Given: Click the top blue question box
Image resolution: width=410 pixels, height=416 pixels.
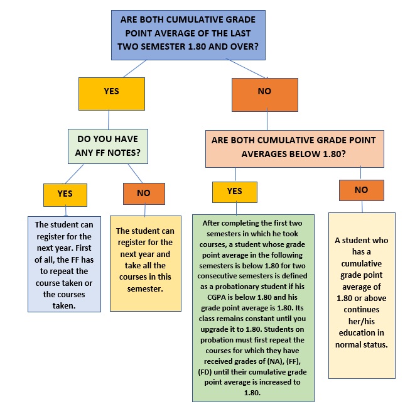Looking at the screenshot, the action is tap(188, 35).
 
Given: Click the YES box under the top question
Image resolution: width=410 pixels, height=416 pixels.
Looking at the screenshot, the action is tap(112, 94).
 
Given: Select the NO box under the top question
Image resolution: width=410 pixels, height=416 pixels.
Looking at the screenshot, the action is tap(265, 95).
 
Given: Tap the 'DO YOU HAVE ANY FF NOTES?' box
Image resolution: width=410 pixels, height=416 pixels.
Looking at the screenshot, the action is tap(108, 146).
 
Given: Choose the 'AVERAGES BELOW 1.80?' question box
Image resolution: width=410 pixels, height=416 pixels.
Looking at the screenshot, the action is tap(294, 148).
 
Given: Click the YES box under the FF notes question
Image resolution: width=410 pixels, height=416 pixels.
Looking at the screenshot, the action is tap(65, 195).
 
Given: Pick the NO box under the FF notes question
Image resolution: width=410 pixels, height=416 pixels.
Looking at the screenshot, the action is tap(144, 194).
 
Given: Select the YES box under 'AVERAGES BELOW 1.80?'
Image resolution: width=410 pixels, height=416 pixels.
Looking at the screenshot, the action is tap(235, 192).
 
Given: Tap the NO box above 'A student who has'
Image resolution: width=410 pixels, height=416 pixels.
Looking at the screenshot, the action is tap(362, 190).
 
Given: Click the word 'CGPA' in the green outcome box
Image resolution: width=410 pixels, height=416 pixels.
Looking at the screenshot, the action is tap(215, 297).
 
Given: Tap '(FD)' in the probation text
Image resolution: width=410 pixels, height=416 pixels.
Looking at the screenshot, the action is tap(205, 372).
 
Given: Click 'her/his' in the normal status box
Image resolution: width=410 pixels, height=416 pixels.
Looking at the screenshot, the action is tap(362, 321).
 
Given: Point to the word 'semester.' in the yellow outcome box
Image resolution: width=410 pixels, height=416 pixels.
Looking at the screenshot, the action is tap(145, 288).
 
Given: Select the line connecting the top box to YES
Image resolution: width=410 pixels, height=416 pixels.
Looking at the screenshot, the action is tap(134, 68).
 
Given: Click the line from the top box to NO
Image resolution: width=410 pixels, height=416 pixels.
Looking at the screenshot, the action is tap(247, 68).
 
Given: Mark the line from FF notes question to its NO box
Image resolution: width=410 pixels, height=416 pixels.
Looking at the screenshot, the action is tap(135, 173).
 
